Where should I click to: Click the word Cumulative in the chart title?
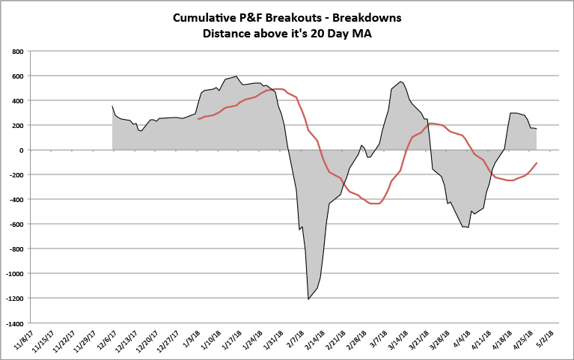click(205, 17)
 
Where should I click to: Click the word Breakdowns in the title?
click(367, 17)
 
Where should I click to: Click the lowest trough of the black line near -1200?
click(308, 299)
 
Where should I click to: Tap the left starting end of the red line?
click(198, 119)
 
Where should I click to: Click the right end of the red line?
click(537, 163)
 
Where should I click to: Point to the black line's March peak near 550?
click(401, 82)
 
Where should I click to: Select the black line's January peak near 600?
click(236, 76)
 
